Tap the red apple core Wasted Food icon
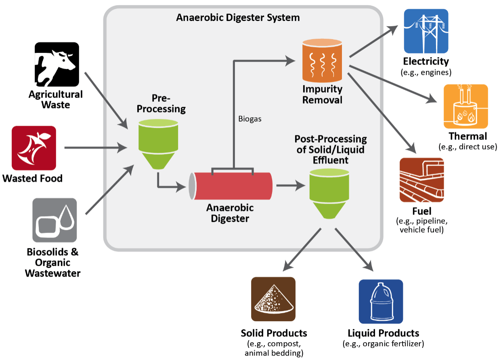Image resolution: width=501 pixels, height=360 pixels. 34,148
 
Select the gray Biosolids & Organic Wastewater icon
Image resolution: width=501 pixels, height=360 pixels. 55,220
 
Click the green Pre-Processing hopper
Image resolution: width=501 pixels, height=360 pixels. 158,143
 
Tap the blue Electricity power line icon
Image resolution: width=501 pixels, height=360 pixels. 426,31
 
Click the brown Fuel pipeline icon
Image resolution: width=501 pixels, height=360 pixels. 421,180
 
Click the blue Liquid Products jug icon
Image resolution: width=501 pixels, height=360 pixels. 381,301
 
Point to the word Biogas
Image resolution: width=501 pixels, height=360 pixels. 250,119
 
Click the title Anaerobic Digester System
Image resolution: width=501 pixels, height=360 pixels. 238,18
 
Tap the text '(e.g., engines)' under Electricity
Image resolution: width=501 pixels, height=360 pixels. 426,72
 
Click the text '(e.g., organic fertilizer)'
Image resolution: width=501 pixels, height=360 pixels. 383,344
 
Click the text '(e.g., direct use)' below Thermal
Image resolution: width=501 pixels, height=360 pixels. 467,147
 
